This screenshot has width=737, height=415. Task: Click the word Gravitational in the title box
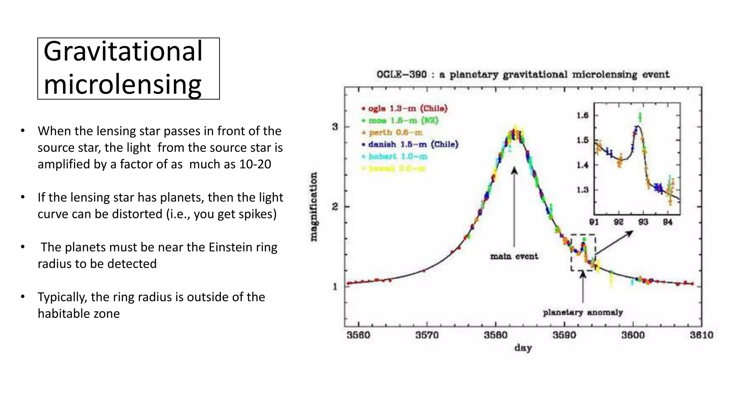click(123, 52)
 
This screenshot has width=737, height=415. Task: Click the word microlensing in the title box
click(122, 85)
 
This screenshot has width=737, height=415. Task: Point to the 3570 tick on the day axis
click(427, 335)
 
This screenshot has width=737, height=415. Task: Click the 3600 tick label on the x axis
click(633, 335)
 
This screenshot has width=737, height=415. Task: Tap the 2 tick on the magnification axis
click(335, 207)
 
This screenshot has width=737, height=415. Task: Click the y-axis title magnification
click(314, 207)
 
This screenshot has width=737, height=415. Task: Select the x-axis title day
click(523, 348)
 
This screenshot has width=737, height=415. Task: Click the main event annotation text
click(514, 256)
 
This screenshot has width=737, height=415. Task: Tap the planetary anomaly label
click(583, 312)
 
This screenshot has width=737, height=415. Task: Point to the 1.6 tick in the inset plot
click(582, 115)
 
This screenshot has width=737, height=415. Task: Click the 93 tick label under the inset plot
click(643, 222)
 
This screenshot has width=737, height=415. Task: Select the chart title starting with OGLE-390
click(523, 75)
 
